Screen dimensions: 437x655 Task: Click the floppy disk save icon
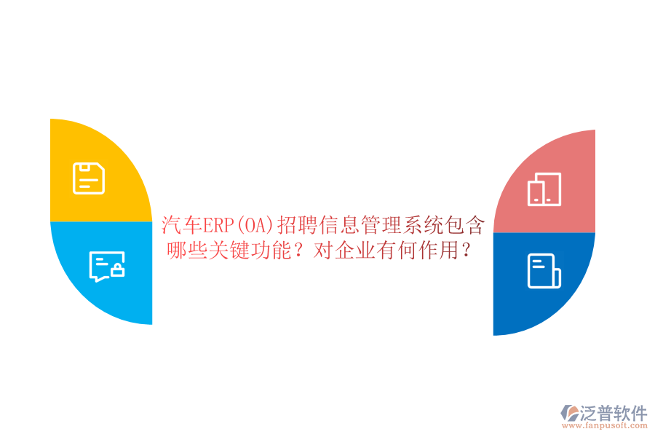point(89,178)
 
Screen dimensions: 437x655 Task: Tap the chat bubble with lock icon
point(106,267)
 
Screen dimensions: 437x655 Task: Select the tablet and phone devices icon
point(544,189)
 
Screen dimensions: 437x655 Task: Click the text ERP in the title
point(216,224)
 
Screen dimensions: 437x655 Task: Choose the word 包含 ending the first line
point(464,224)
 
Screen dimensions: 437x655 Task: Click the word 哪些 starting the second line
point(188,251)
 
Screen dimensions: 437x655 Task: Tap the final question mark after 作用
point(467,251)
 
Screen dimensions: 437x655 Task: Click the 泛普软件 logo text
point(614,414)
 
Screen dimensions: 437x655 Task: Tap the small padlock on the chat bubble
point(116,272)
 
